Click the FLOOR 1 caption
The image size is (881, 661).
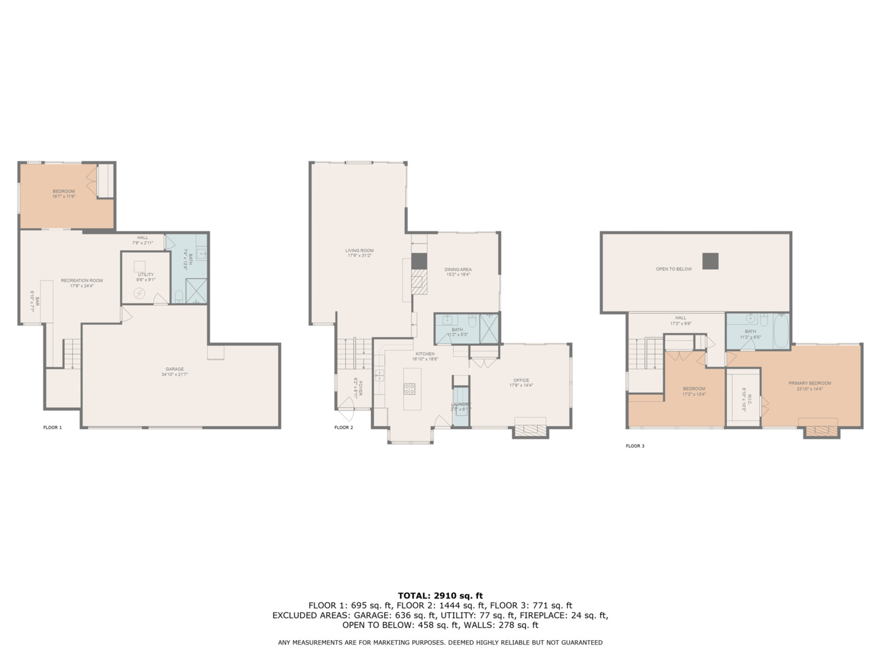[53, 427]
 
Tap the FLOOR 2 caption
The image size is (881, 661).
[344, 427]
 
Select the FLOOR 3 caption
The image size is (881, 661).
[635, 446]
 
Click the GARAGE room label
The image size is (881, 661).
[174, 369]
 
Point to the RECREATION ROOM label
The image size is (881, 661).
[81, 280]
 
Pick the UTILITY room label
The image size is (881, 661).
[146, 275]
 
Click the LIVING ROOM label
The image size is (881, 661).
[359, 250]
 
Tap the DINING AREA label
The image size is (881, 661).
[458, 269]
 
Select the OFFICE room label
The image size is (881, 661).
[521, 380]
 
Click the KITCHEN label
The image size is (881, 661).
[425, 354]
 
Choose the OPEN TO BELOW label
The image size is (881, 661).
[674, 269]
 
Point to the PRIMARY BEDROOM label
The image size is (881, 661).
[809, 383]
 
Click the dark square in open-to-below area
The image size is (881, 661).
[710, 261]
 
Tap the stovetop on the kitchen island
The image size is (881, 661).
[409, 388]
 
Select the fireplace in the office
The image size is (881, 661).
[530, 428]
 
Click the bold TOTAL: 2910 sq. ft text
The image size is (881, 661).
[440, 596]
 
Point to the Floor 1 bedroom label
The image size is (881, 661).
[64, 192]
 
